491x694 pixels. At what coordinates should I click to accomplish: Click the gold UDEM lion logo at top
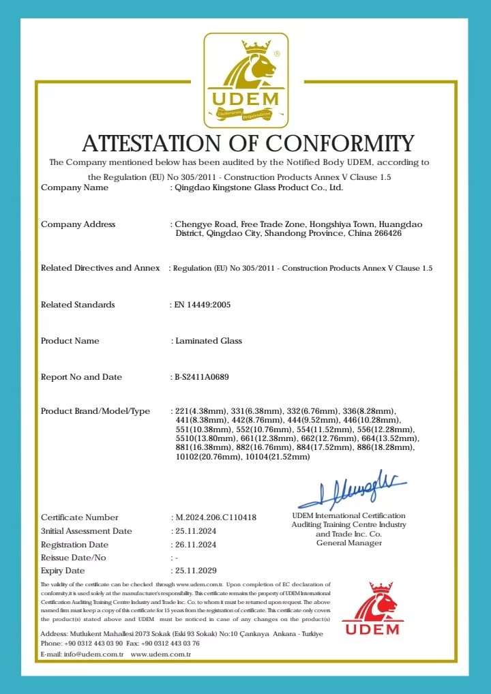tap(245, 80)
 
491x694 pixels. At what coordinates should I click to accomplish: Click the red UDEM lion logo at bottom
tap(372, 608)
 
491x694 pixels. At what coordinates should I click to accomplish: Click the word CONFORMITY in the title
tap(340, 144)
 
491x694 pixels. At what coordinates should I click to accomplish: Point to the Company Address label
tap(78, 224)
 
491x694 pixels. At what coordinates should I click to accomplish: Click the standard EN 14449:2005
tap(203, 305)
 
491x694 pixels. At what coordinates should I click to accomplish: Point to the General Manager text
tap(348, 543)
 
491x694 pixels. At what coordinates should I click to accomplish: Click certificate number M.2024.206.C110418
tap(215, 517)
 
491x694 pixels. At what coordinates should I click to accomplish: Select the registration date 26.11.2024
tap(195, 545)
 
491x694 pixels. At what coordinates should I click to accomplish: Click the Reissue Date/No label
tap(74, 558)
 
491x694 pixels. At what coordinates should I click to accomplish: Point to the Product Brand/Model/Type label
tap(95, 411)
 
